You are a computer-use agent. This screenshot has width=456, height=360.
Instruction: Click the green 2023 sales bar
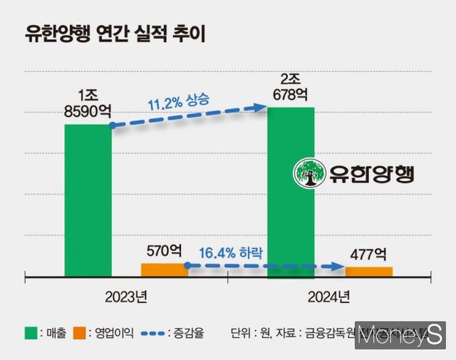88,200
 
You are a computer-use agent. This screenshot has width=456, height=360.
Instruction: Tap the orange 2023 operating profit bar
165,269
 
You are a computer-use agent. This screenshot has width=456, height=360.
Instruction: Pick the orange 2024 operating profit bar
368,271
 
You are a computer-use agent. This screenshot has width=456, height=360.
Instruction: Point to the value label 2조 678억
291,85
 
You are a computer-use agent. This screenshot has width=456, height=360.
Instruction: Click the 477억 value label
368,254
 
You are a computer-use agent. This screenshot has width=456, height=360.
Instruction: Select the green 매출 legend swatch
31,332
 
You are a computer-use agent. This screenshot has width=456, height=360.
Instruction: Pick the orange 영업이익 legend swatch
81,332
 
